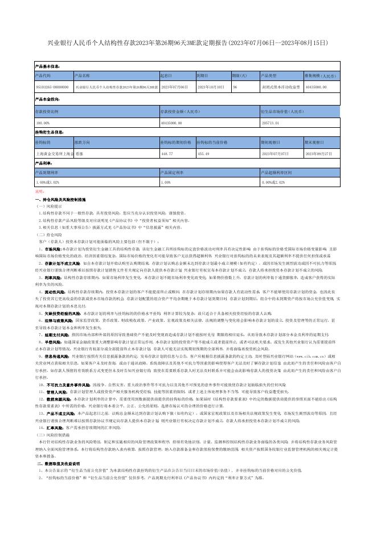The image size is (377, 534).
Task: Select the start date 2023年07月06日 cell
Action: pos(174,87)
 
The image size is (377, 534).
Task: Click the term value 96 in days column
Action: pos(235,87)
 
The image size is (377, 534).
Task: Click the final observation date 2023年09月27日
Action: pos(318,153)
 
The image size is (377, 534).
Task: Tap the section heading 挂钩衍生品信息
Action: pos(50,132)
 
